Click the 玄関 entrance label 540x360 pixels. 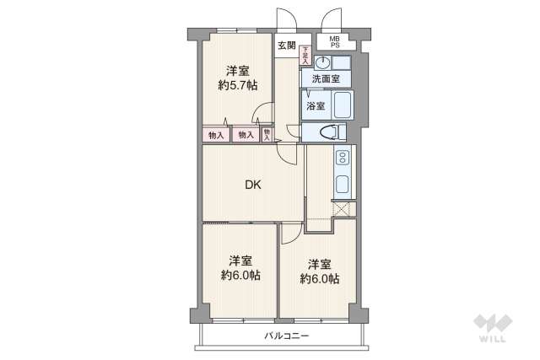286,46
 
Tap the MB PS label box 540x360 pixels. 334,41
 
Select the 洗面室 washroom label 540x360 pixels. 326,78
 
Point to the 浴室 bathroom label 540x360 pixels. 316,105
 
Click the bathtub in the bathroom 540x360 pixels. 343,105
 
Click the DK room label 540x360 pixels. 252,185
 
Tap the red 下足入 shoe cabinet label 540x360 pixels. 305,56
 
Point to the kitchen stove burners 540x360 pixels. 343,158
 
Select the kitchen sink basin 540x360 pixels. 343,185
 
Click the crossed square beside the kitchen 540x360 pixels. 343,211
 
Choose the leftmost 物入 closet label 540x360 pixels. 216,135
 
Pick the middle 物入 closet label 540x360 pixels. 246,135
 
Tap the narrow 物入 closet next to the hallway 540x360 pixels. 267,133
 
